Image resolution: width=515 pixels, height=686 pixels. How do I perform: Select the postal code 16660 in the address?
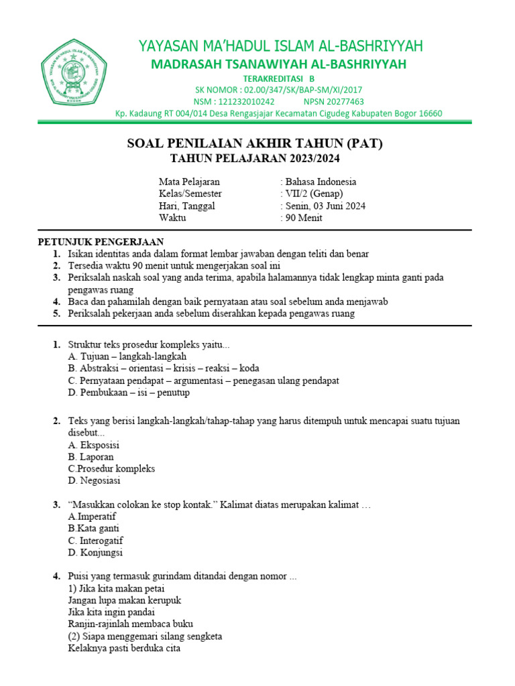(430, 113)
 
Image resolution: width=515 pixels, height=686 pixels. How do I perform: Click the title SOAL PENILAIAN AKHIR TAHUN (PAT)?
(255, 144)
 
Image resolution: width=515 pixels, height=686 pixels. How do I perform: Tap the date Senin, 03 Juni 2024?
(325, 206)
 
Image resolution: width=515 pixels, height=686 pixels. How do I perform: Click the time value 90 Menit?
(304, 218)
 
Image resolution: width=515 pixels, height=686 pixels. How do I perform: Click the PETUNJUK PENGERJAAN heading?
(101, 242)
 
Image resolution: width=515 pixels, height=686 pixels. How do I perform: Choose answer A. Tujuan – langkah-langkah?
(127, 356)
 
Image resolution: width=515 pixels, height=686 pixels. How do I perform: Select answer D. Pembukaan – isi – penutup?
(129, 393)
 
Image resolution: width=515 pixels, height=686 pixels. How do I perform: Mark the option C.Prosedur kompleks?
(111, 468)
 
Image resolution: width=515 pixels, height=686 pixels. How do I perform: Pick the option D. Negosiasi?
(95, 480)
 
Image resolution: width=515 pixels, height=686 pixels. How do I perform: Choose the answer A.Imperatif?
(93, 517)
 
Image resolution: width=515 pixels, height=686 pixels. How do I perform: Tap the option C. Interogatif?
(96, 541)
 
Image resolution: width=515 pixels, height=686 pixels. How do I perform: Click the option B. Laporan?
(91, 456)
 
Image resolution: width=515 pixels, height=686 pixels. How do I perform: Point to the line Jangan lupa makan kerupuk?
(125, 600)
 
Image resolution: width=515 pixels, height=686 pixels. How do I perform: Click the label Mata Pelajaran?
(189, 182)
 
